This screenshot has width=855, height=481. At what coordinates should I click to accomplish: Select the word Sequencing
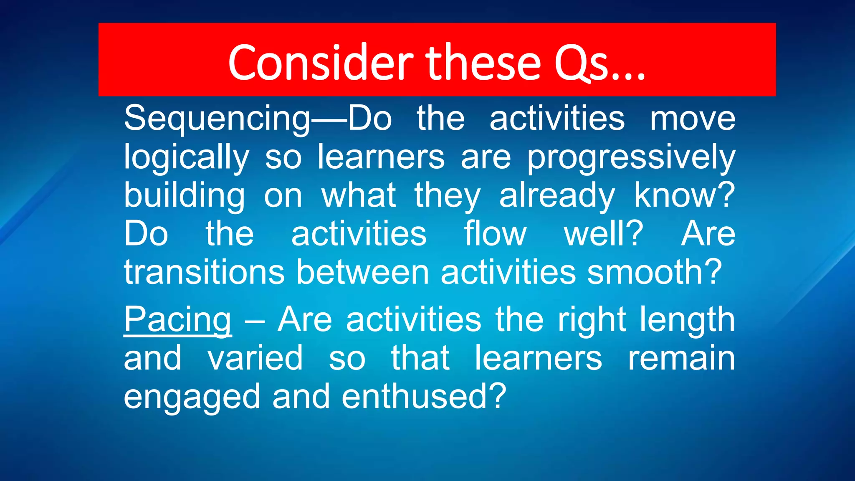(217, 119)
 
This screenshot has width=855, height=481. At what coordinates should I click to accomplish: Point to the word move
(693, 119)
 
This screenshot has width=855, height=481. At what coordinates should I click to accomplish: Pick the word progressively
(631, 158)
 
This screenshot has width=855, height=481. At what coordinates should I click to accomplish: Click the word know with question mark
(684, 195)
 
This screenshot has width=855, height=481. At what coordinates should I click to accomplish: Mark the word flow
(495, 234)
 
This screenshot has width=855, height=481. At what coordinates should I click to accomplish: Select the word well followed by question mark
(604, 234)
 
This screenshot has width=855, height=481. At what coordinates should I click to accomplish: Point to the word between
(363, 272)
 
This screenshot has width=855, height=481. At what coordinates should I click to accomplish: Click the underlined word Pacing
(177, 320)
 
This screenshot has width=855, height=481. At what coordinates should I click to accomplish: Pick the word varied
(255, 358)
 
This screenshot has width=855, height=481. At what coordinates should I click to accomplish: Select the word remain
(681, 358)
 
